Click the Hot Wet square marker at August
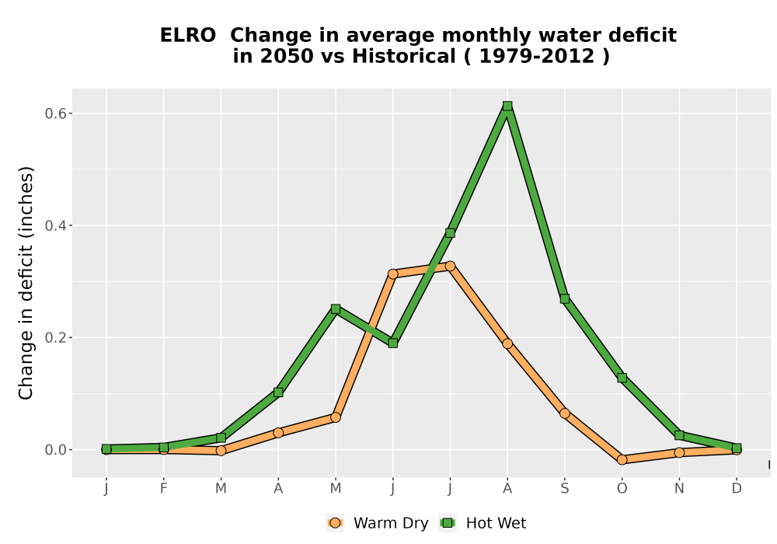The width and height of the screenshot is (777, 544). pyautogui.click(x=507, y=106)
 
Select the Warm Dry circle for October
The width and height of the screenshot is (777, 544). pyautogui.click(x=622, y=460)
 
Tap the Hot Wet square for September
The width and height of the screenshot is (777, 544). pyautogui.click(x=564, y=298)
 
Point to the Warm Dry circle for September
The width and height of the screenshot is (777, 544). pyautogui.click(x=564, y=413)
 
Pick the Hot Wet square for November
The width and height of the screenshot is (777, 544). pyautogui.click(x=679, y=435)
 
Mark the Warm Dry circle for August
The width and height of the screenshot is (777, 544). pyautogui.click(x=507, y=343)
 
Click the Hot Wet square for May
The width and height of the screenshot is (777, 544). pyautogui.click(x=336, y=309)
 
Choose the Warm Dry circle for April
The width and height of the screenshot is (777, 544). pyautogui.click(x=278, y=433)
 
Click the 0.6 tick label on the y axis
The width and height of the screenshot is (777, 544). pyautogui.click(x=55, y=113)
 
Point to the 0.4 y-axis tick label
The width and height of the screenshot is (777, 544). pyautogui.click(x=55, y=225)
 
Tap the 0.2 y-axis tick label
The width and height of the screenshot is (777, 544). pyautogui.click(x=55, y=338)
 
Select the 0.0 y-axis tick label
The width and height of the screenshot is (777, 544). pyautogui.click(x=55, y=450)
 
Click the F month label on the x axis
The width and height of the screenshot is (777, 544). pyautogui.click(x=163, y=489)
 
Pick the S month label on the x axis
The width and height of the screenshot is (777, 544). pyautogui.click(x=564, y=489)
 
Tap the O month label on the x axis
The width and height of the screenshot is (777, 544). pyautogui.click(x=622, y=489)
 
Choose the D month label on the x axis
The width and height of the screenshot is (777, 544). pyautogui.click(x=737, y=489)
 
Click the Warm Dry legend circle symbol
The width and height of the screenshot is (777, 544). pyautogui.click(x=335, y=523)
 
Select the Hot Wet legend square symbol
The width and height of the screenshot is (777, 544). pyautogui.click(x=448, y=523)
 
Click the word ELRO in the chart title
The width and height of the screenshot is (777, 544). pyautogui.click(x=188, y=35)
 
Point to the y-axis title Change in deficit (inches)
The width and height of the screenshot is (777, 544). pyautogui.click(x=26, y=283)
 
